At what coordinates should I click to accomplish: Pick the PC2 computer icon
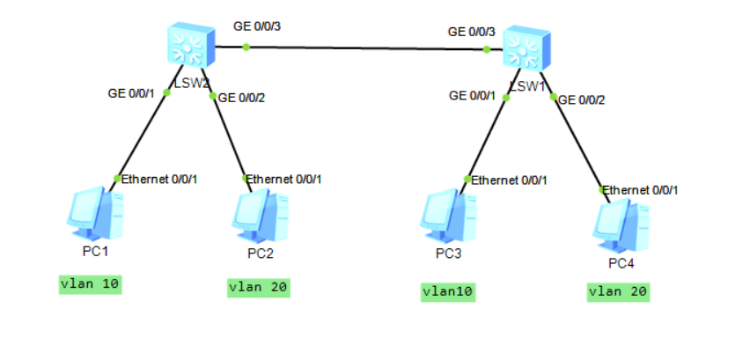(x=261, y=216)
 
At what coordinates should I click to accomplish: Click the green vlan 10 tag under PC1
(x=89, y=284)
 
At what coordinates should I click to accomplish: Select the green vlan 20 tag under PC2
(x=258, y=286)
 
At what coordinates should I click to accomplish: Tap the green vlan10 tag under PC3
(x=448, y=291)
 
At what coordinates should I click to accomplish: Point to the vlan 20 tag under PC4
(x=618, y=291)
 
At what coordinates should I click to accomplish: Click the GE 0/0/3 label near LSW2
(x=257, y=26)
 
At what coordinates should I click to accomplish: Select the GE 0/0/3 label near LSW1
(x=472, y=32)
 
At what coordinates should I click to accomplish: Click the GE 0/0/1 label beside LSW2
(x=131, y=92)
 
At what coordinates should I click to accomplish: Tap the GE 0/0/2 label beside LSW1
(x=582, y=100)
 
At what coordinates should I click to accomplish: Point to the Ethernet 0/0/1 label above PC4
(x=644, y=189)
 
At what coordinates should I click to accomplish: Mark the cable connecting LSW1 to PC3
(x=486, y=136)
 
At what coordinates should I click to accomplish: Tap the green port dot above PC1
(x=117, y=179)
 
